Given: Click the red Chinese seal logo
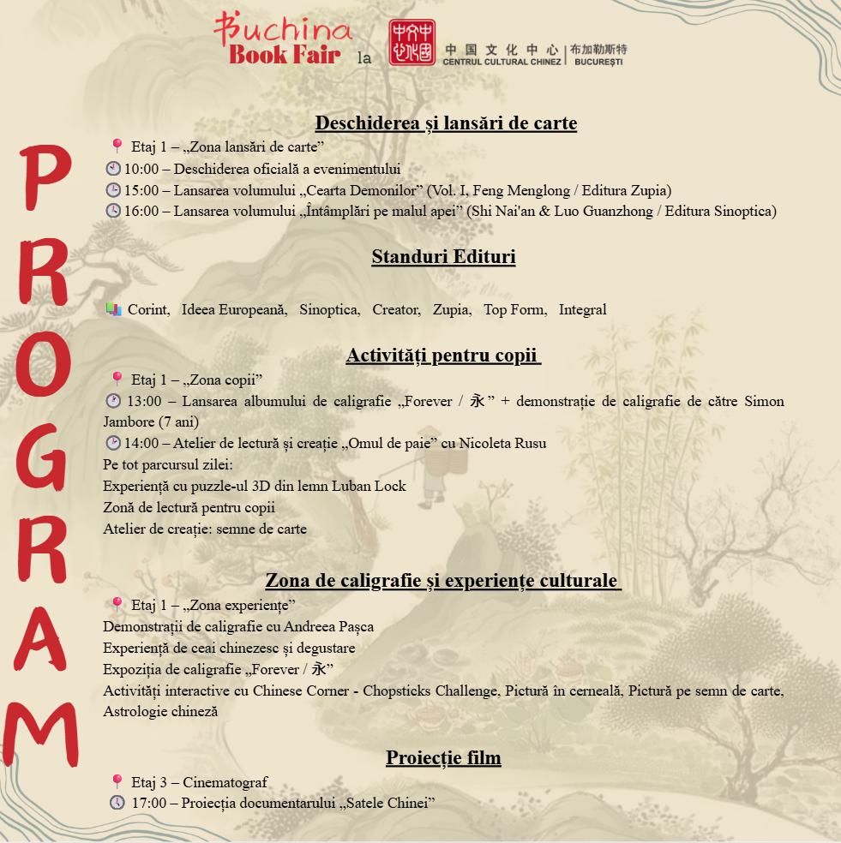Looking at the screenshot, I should (411, 43).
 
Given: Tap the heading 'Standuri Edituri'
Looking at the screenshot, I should (443, 257).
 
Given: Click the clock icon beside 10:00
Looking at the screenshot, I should (113, 170).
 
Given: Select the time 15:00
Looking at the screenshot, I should (141, 191).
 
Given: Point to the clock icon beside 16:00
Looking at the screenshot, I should (113, 211).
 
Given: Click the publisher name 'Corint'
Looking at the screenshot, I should (148, 310).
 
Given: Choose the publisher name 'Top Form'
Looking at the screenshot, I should (514, 310).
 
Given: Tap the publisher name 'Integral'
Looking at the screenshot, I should (582, 310).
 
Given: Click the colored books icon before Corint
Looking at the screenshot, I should (113, 310).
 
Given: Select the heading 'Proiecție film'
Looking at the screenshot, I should (443, 758).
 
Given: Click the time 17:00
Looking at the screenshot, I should (148, 804).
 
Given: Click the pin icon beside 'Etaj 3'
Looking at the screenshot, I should (117, 781).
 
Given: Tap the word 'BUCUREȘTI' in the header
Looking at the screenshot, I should (600, 63).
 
